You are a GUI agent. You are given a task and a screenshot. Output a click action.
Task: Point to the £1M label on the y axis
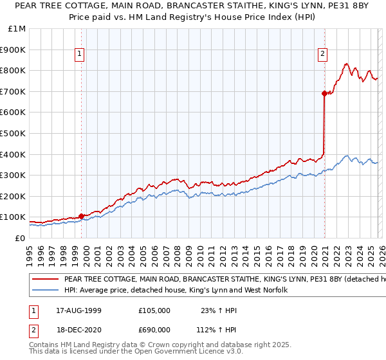[x=17, y=28]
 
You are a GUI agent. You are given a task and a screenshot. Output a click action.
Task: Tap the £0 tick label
[x=21, y=238]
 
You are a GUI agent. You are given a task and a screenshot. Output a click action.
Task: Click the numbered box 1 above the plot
[x=79, y=55]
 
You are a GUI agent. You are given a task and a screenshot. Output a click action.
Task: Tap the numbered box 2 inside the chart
[x=322, y=55]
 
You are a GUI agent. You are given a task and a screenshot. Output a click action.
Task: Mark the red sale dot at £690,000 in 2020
[x=324, y=93]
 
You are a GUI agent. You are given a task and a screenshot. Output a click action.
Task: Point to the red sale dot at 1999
[x=81, y=216]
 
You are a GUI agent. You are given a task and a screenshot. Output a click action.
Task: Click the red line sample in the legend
[x=45, y=280]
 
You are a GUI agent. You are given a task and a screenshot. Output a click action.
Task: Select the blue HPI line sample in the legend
[x=45, y=291]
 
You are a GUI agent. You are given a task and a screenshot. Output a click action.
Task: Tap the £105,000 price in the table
[x=154, y=310]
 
